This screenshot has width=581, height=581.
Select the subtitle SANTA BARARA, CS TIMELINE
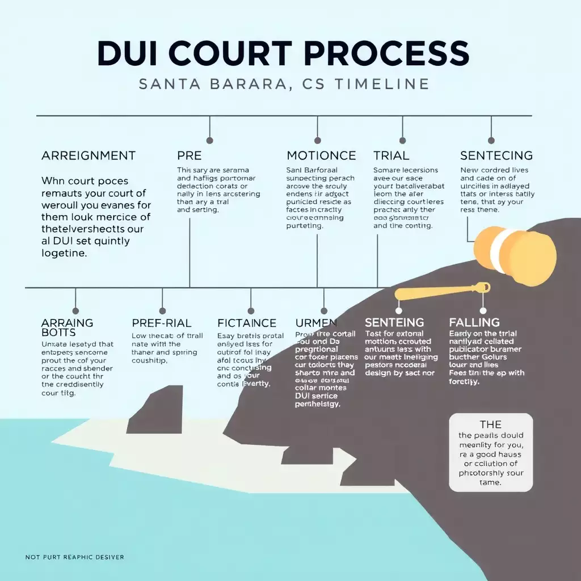pos(284,84)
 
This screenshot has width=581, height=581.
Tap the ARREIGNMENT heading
pos(89,155)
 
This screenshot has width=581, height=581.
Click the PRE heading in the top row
pos(190,155)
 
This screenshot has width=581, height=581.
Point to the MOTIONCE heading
pos(321,155)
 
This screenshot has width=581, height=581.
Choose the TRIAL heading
pos(391,155)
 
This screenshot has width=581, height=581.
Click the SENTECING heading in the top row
pos(496,155)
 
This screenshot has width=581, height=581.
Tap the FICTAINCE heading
pos(247,323)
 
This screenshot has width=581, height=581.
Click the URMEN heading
pos(312,323)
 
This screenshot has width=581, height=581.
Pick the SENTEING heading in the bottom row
pos(394,323)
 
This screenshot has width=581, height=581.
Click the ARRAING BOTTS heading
pos(67,327)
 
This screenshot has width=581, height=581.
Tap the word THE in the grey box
pos(490,424)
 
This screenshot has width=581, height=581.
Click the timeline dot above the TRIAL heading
pos(402,140)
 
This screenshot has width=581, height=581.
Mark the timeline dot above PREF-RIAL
pos(163,310)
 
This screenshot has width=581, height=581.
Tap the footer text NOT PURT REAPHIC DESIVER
pos(74,557)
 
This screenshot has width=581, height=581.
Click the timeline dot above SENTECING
pos(491,140)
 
